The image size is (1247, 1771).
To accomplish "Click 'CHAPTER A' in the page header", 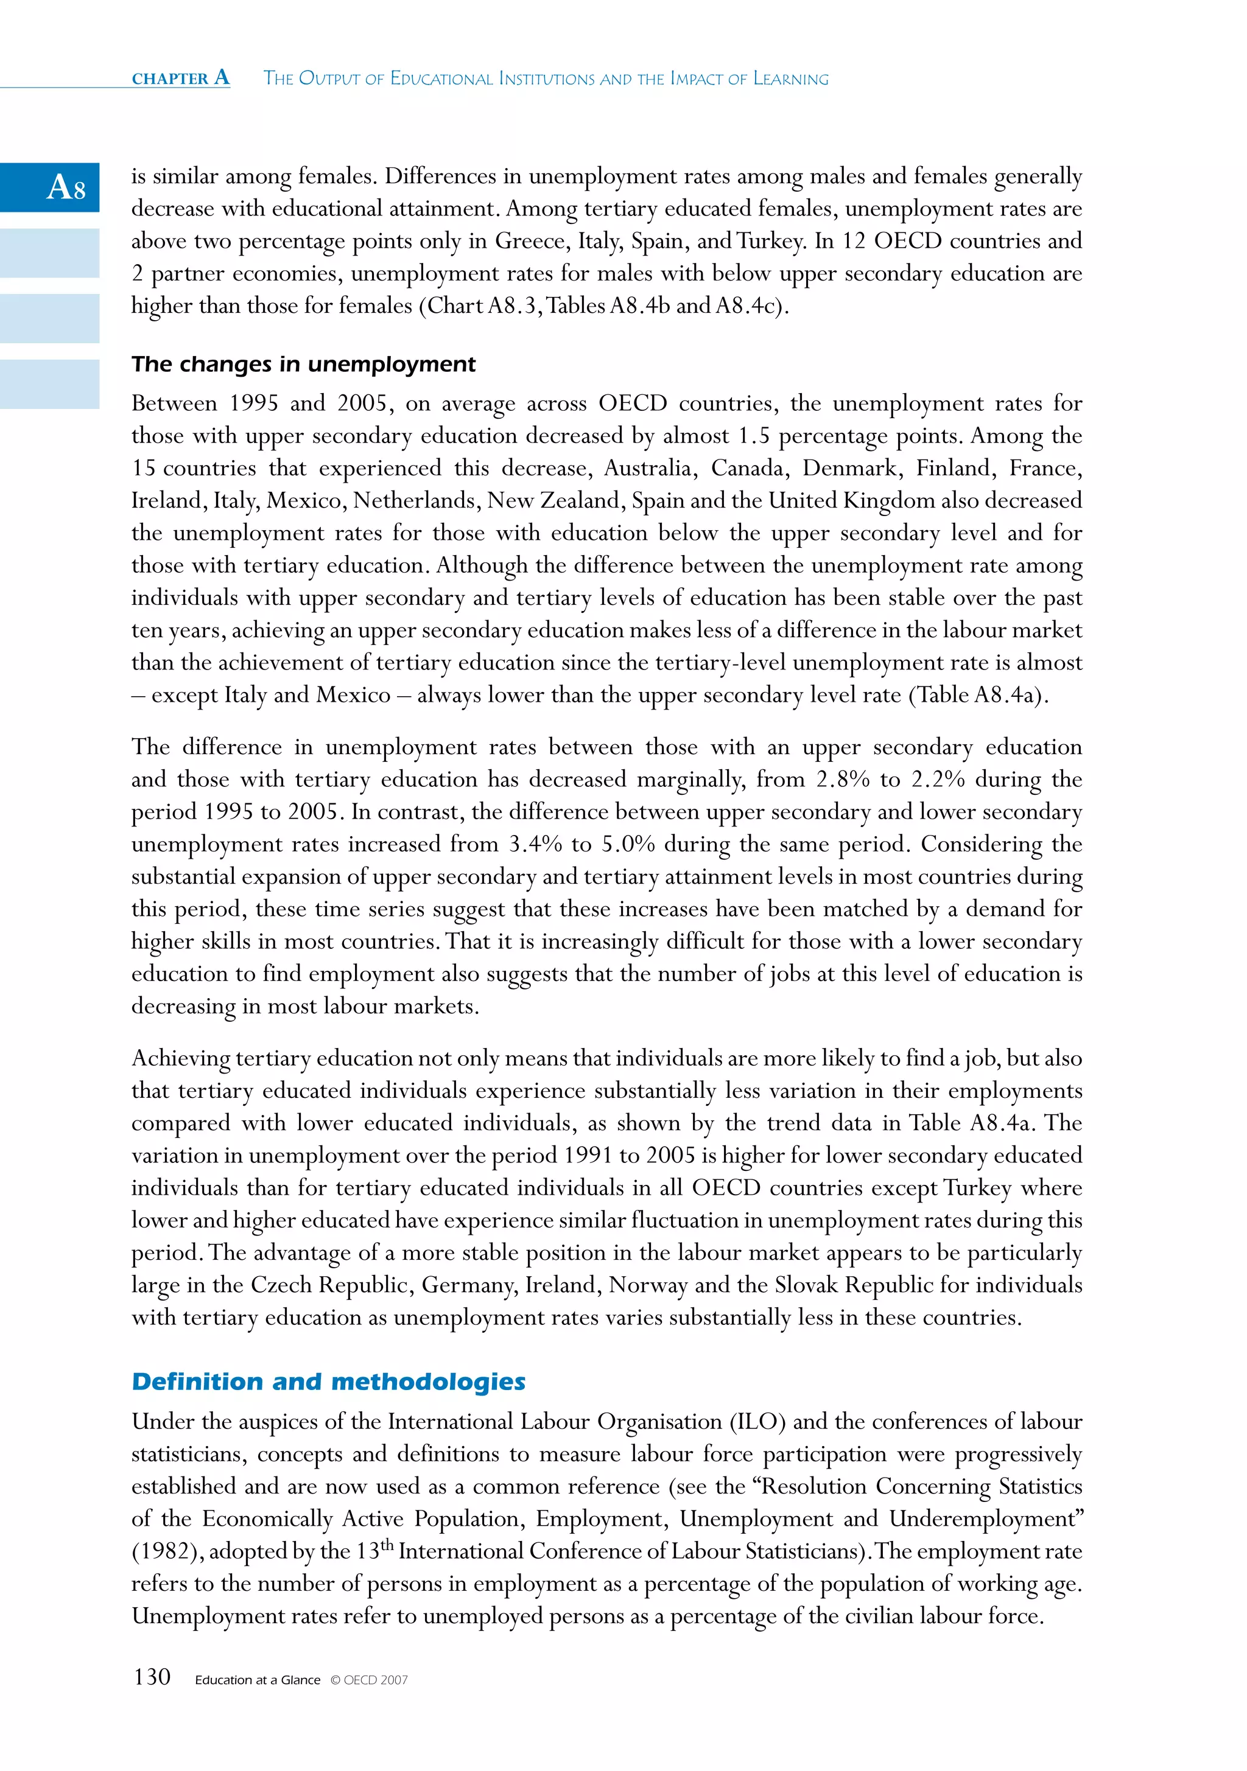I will (x=181, y=78).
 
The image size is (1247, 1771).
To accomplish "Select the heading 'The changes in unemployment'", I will (x=303, y=364).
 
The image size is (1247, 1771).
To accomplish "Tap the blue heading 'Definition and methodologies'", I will (x=329, y=1382).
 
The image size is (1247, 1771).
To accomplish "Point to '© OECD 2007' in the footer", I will (x=369, y=1680).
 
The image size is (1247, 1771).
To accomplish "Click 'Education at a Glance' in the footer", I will (x=257, y=1680).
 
